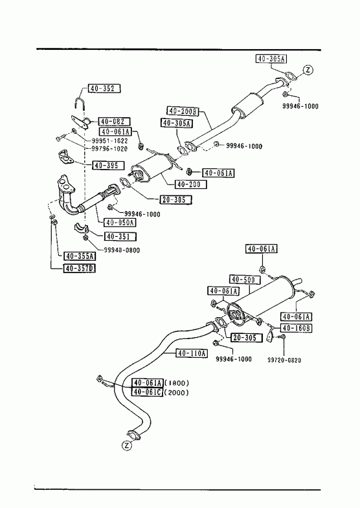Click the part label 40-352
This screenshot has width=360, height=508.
[104, 88]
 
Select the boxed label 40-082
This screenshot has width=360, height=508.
[114, 122]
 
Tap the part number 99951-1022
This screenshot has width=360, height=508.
[109, 141]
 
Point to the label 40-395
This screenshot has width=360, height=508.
[108, 165]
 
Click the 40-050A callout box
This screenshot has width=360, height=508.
[120, 223]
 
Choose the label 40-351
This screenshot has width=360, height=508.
[120, 236]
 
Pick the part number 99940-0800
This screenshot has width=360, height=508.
[122, 250]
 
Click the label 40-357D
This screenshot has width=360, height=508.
[80, 269]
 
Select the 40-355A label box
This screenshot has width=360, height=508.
[80, 256]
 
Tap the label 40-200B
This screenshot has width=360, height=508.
[183, 111]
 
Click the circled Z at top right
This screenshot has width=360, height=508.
[308, 70]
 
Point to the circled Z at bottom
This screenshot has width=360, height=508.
[127, 446]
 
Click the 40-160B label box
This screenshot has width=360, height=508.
[296, 328]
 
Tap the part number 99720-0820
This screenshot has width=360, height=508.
[284, 360]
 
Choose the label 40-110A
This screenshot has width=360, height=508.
[192, 353]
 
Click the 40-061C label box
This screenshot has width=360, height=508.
[147, 392]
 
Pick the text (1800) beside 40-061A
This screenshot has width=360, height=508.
[177, 383]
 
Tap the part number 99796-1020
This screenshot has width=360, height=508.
[109, 149]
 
